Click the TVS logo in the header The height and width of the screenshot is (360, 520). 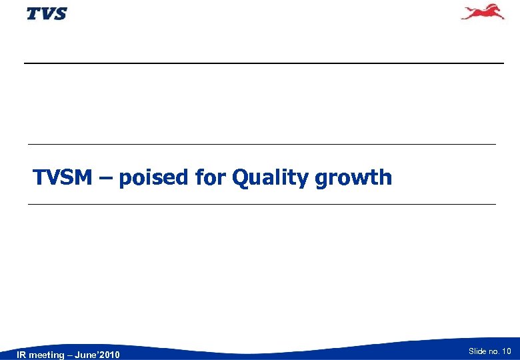[x=47, y=13]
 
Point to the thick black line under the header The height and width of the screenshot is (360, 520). [x=263, y=63]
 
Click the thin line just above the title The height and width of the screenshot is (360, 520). [x=261, y=144]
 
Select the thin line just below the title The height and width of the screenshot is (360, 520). [x=261, y=204]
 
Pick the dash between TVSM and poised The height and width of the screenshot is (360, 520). [x=107, y=178]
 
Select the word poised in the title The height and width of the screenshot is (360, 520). [x=154, y=177]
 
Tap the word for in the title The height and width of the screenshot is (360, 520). [x=211, y=177]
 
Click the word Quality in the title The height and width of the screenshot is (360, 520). [x=269, y=179]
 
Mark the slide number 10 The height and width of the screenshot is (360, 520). [x=507, y=351]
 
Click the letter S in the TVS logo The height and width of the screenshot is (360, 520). [x=59, y=13]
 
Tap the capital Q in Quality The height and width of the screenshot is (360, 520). [x=239, y=178]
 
